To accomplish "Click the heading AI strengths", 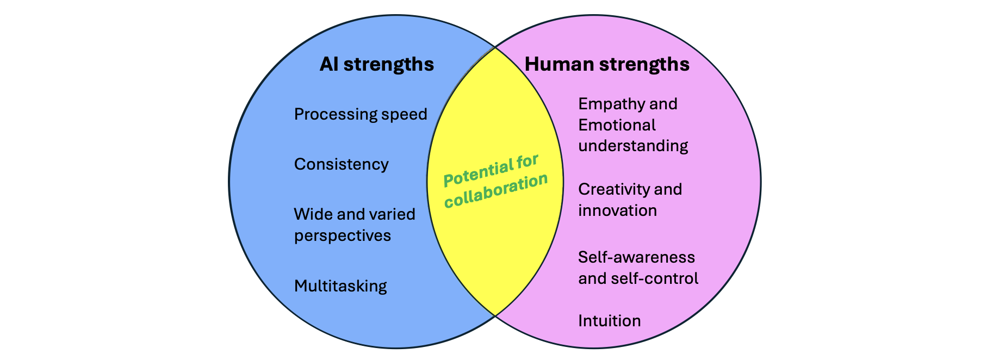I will pyautogui.click(x=376, y=64).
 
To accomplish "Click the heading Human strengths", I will pyautogui.click(x=606, y=64).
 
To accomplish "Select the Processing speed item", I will pyautogui.click(x=360, y=114).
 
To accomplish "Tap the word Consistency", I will pyautogui.click(x=341, y=164).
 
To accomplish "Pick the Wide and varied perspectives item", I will pyautogui.click(x=354, y=225).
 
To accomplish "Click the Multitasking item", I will pyautogui.click(x=340, y=286).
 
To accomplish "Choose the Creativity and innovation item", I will pyautogui.click(x=630, y=200).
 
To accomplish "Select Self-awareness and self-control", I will pyautogui.click(x=638, y=268).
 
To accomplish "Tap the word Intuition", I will pyautogui.click(x=609, y=321).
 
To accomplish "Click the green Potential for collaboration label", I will pyautogui.click(x=495, y=181).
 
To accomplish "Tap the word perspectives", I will pyautogui.click(x=342, y=236).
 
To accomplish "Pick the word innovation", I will pyautogui.click(x=617, y=210).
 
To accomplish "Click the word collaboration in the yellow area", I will pyautogui.click(x=496, y=191).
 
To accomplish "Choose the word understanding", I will pyautogui.click(x=633, y=146).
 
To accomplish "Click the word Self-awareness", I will pyautogui.click(x=636, y=257).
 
